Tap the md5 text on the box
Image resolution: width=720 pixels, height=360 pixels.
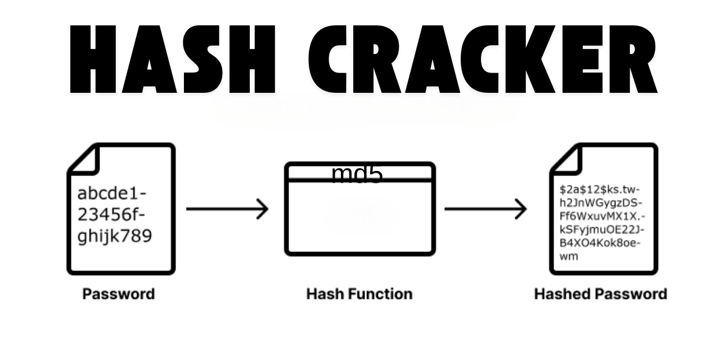(x=357, y=175)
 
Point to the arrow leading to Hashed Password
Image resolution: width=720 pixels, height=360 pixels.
(x=485, y=209)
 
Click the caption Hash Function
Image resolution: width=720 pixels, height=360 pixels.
(x=359, y=294)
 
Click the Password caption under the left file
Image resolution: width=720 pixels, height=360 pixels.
(x=119, y=294)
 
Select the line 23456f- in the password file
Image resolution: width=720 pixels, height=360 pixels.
(x=111, y=215)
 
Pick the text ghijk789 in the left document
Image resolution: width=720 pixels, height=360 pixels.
(x=115, y=236)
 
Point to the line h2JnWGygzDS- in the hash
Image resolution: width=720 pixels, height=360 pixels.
(x=601, y=203)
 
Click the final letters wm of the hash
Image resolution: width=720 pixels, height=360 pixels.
(x=568, y=256)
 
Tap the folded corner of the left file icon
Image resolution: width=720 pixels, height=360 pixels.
(x=84, y=160)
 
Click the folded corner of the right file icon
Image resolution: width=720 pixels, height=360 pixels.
(x=566, y=160)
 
